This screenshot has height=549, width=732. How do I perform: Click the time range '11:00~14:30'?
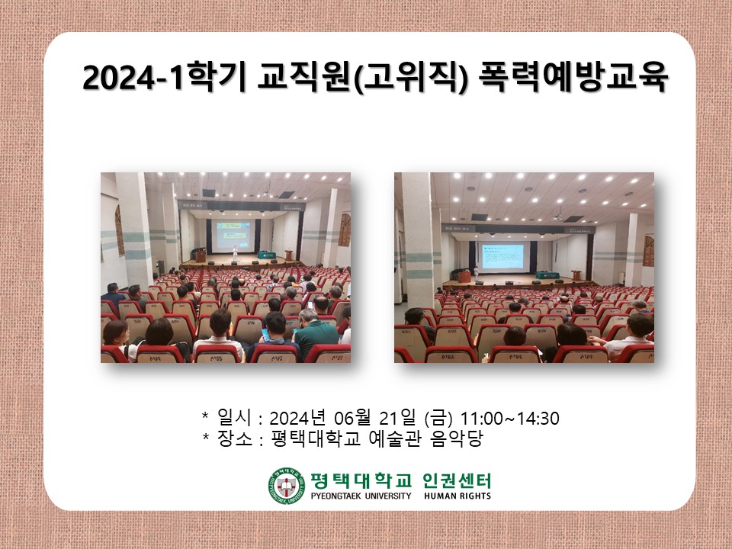point(510,419)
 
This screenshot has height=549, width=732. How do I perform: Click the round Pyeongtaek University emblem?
point(286,485)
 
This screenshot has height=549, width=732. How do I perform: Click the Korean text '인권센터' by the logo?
point(457,480)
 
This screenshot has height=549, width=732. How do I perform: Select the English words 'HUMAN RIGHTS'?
point(457,496)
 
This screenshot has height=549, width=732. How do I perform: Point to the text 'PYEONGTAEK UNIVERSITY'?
point(361,496)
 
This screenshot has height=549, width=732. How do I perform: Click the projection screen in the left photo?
point(235,236)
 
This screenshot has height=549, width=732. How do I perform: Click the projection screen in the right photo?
point(502,257)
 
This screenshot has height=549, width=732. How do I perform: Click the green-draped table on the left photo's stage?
point(265,255)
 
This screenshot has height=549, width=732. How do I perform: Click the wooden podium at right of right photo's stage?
point(576,274)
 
